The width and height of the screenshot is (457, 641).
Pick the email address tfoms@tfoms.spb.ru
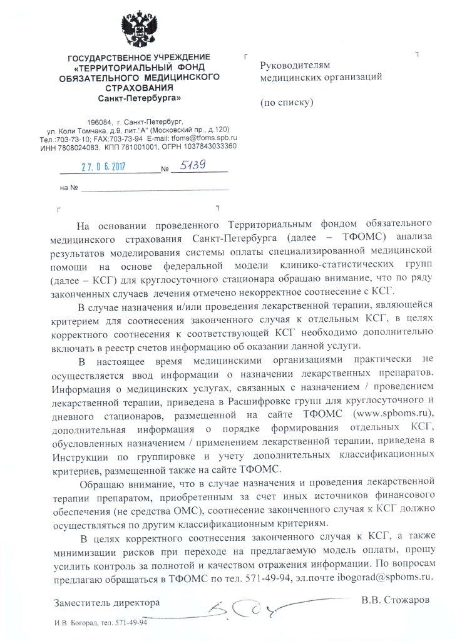point(206,138)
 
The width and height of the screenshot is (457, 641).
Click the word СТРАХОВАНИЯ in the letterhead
point(141,88)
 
